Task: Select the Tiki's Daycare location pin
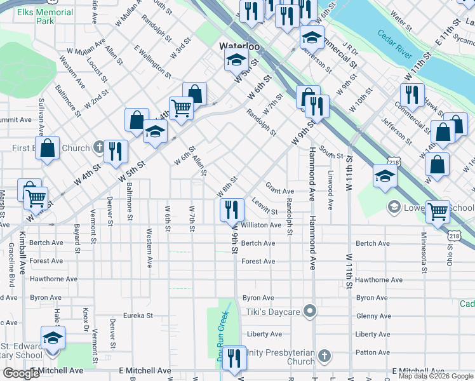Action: pos(310,311)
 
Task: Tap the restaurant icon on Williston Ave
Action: pos(232,210)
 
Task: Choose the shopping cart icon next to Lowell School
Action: pos(438,213)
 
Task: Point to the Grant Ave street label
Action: pos(279,190)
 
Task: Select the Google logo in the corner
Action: pos(21,373)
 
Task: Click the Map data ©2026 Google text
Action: pos(436,376)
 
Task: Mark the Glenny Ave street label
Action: pos(373,316)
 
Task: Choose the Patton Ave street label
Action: pos(373,352)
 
